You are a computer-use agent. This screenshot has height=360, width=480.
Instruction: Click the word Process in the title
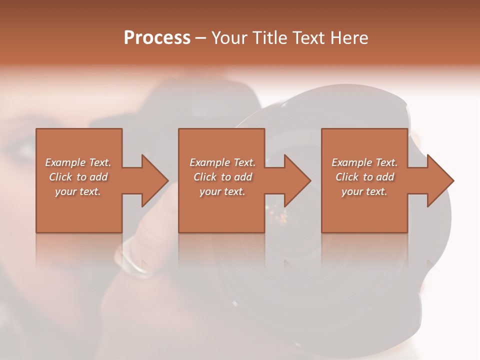(157, 38)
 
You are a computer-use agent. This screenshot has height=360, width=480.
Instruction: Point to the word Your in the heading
(230, 38)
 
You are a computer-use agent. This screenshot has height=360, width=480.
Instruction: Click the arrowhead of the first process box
(155, 180)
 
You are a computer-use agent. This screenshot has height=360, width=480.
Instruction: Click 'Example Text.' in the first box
(78, 162)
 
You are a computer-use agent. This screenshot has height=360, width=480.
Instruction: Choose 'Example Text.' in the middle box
(222, 162)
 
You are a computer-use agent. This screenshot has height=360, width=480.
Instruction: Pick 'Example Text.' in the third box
(364, 162)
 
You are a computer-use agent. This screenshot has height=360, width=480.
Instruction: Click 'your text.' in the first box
(78, 191)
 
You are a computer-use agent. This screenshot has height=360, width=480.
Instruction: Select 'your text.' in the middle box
(222, 191)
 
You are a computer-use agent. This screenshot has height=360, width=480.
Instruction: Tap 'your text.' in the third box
(364, 191)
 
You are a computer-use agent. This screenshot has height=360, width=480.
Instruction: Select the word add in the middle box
(243, 177)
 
